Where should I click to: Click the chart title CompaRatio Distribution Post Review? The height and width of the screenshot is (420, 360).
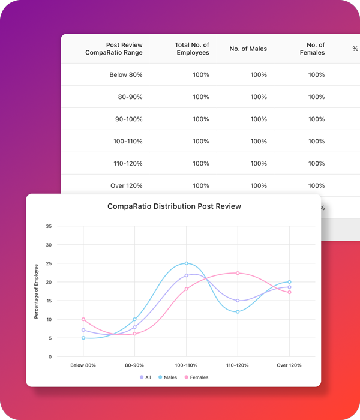pyautogui.click(x=174, y=206)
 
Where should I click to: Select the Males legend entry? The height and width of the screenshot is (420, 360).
pyautogui.click(x=167, y=377)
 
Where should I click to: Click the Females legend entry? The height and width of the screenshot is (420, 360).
pyautogui.click(x=196, y=377)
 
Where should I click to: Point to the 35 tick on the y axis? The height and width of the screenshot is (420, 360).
pyautogui.click(x=49, y=226)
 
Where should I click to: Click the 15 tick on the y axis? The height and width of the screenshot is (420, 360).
pyautogui.click(x=49, y=301)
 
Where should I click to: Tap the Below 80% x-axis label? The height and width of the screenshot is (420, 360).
pyautogui.click(x=83, y=365)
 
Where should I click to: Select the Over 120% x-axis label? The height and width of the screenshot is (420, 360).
pyautogui.click(x=289, y=365)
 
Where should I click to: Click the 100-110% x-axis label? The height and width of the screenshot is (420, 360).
pyautogui.click(x=186, y=365)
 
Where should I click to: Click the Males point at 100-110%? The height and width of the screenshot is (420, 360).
pyautogui.click(x=187, y=263)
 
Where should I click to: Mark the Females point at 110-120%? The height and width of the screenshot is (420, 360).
pyautogui.click(x=238, y=273)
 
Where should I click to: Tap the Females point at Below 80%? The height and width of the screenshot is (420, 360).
pyautogui.click(x=83, y=319)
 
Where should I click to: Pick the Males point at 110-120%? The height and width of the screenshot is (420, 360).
pyautogui.click(x=238, y=312)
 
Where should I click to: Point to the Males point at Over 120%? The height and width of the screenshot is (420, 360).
pyautogui.click(x=289, y=282)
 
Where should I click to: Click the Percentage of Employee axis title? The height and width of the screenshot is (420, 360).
pyautogui.click(x=36, y=291)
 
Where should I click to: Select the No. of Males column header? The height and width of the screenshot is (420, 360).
pyautogui.click(x=248, y=49)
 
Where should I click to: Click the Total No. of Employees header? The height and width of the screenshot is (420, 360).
pyautogui.click(x=192, y=49)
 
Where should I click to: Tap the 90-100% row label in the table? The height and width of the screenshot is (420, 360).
pyautogui.click(x=129, y=119)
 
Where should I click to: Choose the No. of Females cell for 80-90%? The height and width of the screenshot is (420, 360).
pyautogui.click(x=316, y=97)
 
